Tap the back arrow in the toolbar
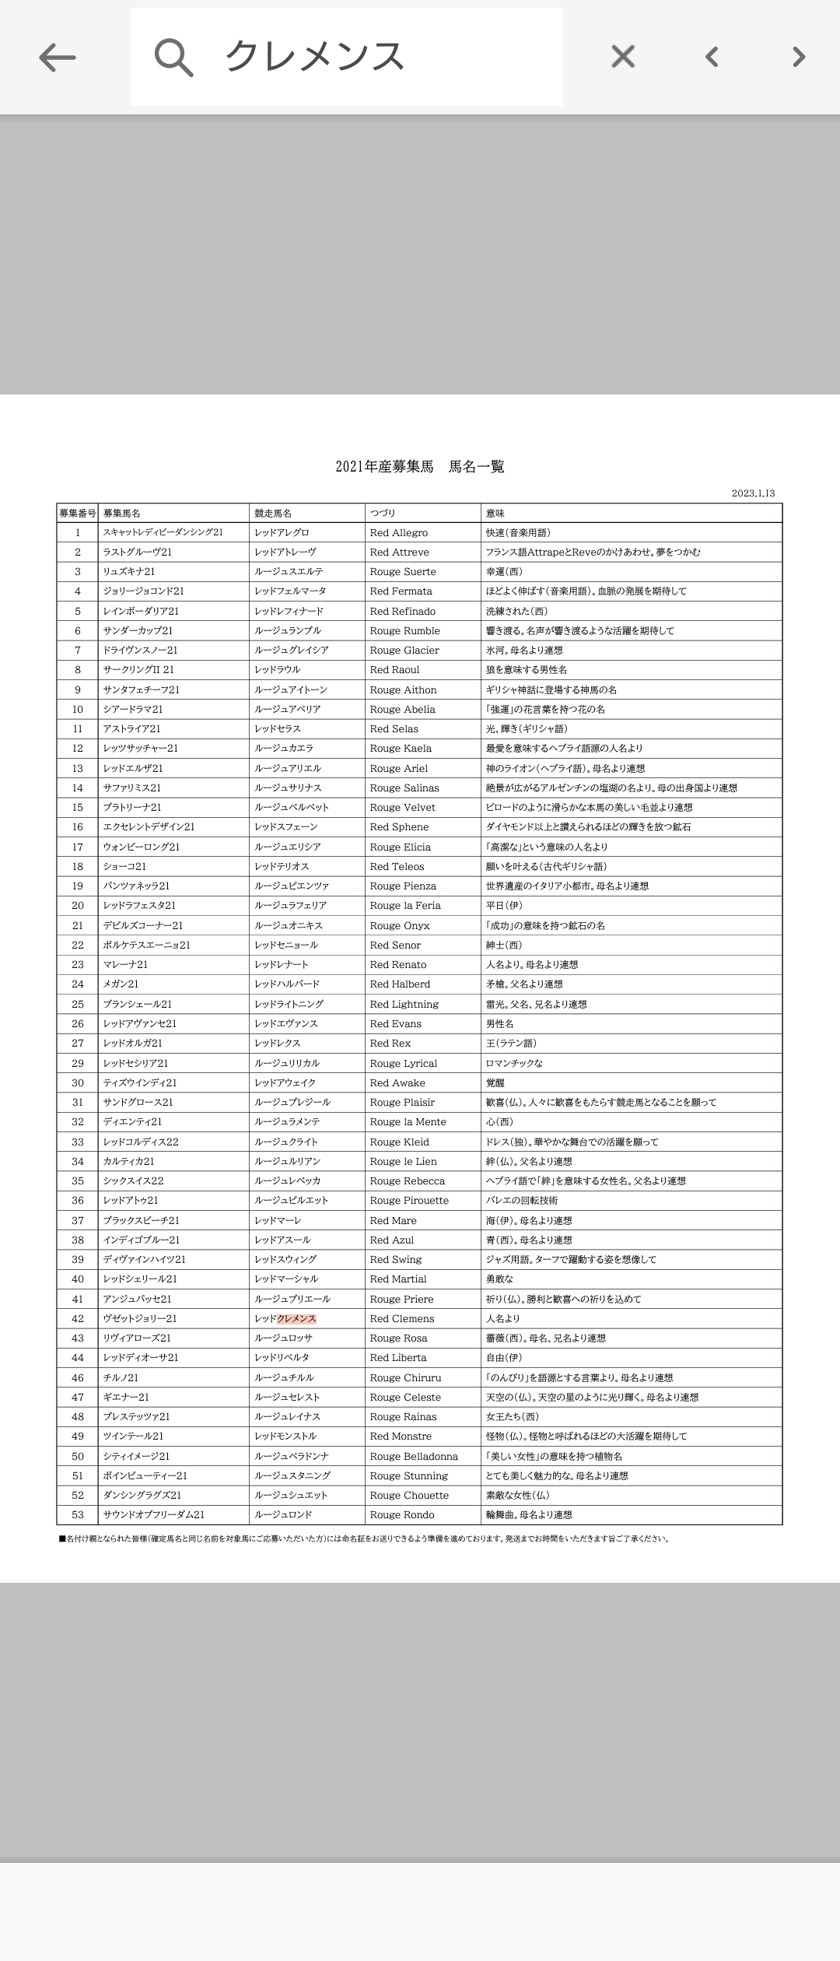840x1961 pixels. point(57,57)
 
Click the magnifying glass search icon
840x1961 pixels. point(173,57)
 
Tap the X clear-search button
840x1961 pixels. point(623,57)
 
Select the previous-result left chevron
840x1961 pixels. point(711,57)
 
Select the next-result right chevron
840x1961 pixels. point(798,57)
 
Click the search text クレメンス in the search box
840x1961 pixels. point(314,57)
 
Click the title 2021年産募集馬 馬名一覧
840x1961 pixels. point(420,467)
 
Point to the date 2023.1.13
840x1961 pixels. point(752,493)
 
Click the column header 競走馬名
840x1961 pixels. point(273,514)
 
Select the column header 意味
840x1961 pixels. point(495,514)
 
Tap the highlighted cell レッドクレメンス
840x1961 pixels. point(285,1318)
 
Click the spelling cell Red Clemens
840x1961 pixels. point(402,1318)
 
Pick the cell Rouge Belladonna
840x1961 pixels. point(414,1456)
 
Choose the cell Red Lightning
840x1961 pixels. point(404,1005)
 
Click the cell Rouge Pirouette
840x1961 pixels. point(409,1201)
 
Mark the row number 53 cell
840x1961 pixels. point(78,1514)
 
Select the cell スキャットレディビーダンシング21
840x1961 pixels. point(163,533)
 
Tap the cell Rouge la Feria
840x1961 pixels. point(405,906)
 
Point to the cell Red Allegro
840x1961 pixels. point(399,533)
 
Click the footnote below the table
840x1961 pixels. point(364,1538)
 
